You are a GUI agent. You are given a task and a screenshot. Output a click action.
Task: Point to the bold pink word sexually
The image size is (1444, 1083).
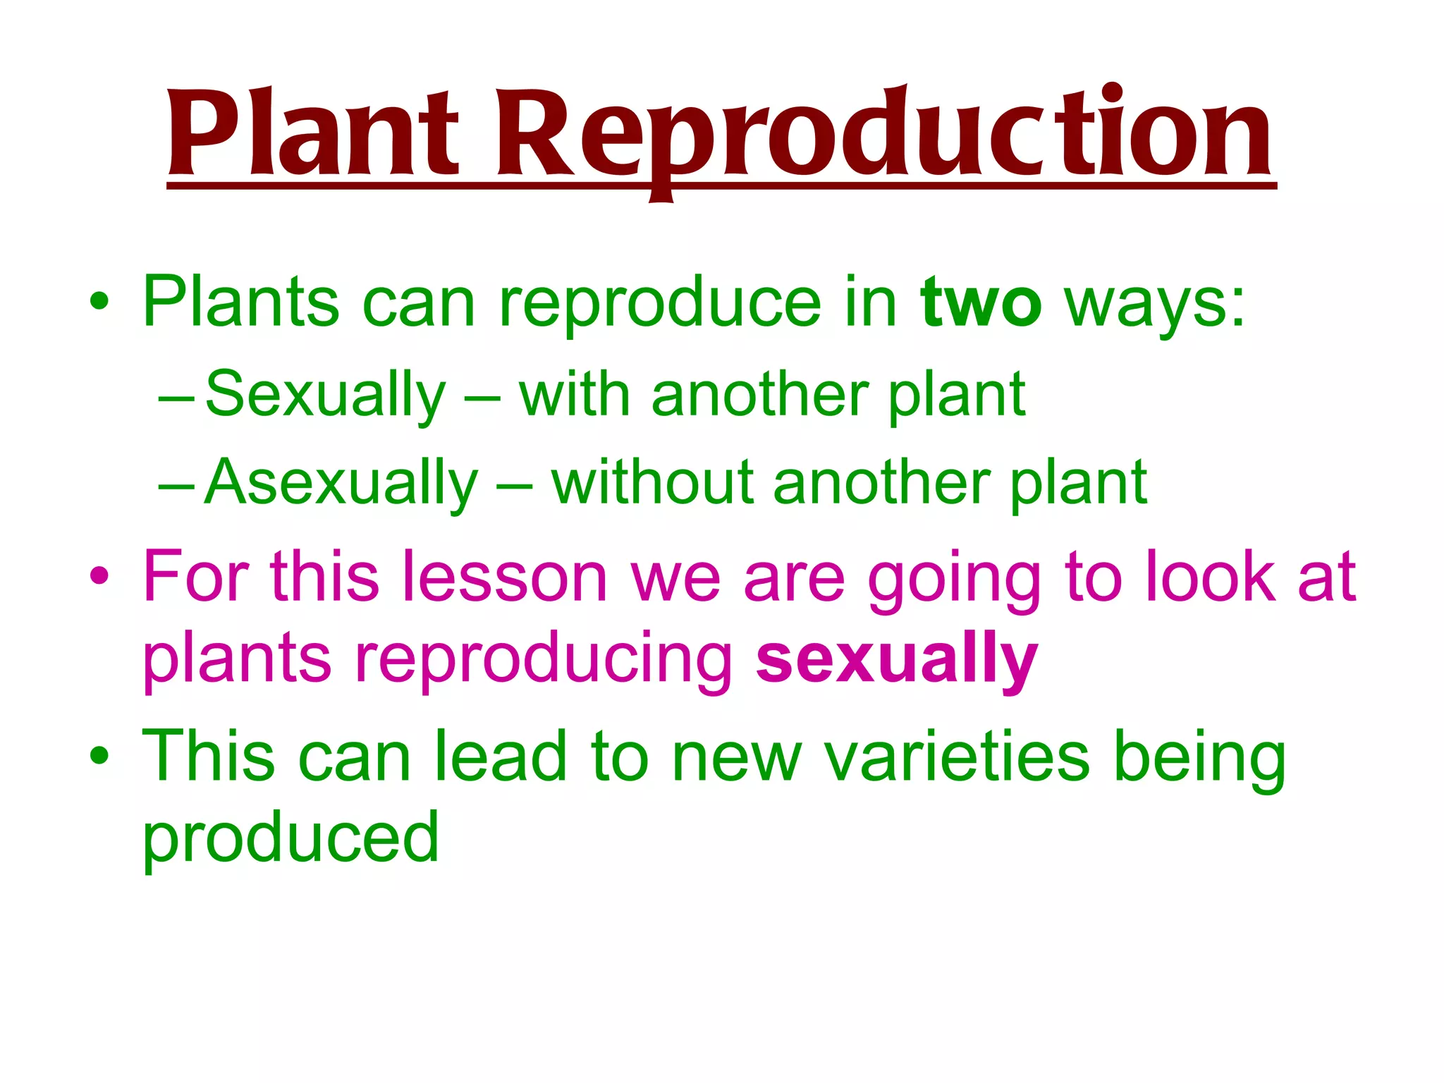tap(896, 660)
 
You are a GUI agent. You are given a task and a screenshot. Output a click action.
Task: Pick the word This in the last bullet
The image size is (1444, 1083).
tap(208, 756)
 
